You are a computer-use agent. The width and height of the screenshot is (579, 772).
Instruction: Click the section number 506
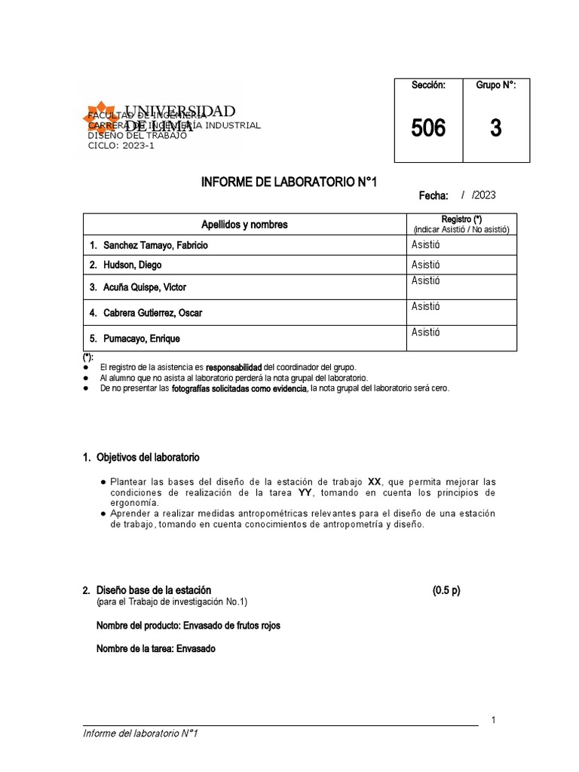pyautogui.click(x=428, y=129)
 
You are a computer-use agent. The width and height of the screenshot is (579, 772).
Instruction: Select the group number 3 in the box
pyautogui.click(x=495, y=129)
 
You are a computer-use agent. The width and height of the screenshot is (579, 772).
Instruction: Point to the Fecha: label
pyautogui.click(x=433, y=196)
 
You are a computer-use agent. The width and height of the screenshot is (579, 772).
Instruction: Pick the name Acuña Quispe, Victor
pyautogui.click(x=144, y=287)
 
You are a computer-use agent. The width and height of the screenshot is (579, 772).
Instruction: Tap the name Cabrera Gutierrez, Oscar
pyautogui.click(x=152, y=312)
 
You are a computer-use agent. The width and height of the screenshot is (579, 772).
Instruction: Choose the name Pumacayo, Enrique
pyautogui.click(x=142, y=339)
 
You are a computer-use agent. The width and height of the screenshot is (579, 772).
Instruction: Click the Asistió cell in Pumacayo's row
pyautogui.click(x=426, y=332)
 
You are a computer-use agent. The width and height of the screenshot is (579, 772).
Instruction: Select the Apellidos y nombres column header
pyautogui.click(x=244, y=225)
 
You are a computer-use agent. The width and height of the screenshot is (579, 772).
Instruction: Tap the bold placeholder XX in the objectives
pyautogui.click(x=375, y=482)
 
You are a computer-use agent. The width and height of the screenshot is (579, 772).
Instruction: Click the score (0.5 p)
pyautogui.click(x=446, y=590)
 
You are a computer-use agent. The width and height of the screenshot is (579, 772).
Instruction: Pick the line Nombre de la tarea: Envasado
pyautogui.click(x=156, y=648)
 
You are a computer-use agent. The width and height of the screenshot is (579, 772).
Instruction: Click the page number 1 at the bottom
pyautogui.click(x=493, y=721)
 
